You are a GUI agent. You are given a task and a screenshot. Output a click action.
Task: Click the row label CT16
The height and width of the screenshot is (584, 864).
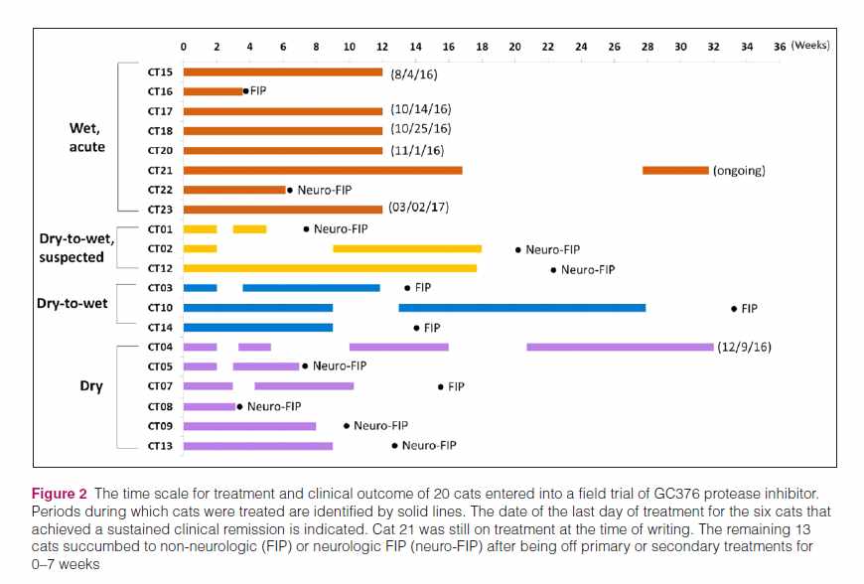160,91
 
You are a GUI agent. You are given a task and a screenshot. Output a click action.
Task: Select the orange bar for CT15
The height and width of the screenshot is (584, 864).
282,72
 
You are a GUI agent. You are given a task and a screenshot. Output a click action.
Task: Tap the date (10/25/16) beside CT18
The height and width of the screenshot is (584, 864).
420,130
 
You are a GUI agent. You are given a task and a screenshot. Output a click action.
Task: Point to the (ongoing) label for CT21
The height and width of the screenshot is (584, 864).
739,170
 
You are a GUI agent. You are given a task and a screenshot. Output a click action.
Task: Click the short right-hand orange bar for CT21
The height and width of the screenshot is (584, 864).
675,170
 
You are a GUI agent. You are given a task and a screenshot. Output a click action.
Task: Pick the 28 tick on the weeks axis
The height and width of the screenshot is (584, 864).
648,46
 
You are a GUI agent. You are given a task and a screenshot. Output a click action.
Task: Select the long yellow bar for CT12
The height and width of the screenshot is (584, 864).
330,268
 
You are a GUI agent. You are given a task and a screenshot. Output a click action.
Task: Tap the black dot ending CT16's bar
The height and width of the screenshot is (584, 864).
245,91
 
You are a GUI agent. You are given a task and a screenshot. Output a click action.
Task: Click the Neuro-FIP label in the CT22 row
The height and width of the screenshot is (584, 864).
325,190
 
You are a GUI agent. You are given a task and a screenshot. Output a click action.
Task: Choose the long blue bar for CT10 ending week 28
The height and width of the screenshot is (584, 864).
521,308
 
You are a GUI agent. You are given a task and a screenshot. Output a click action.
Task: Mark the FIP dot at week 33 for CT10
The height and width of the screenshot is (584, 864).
734,309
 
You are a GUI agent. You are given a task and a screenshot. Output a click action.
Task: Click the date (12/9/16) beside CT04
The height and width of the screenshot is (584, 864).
744,347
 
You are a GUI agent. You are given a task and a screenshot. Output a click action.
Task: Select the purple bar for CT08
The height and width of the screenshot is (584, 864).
209,406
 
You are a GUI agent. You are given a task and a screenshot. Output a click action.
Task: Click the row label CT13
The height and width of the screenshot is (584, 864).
160,446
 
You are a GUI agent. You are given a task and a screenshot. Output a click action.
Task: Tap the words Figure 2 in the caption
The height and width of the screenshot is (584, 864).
59,494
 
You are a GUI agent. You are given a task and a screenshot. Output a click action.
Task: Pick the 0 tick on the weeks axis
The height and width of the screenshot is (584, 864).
183,46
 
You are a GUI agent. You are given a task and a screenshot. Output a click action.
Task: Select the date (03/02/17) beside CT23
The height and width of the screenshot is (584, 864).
420,209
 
